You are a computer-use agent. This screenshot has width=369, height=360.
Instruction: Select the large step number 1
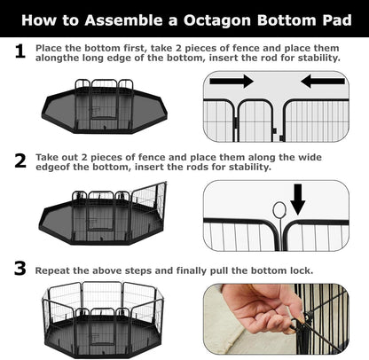[19, 53]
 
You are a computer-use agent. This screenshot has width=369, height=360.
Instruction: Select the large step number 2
[19, 161]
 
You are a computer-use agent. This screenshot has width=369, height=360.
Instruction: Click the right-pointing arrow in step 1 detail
[233, 82]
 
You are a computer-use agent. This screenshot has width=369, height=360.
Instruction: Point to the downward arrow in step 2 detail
[297, 200]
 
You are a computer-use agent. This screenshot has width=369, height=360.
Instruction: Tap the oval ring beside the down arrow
[279, 210]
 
